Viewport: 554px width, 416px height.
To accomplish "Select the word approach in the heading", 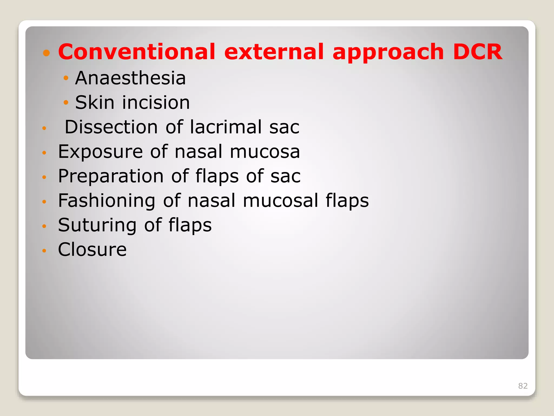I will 388,52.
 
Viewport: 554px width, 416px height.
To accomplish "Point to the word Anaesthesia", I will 130,78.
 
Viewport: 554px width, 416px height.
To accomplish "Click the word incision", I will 156,103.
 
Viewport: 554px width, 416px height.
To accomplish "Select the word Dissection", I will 111,127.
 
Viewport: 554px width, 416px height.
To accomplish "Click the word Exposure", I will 100,152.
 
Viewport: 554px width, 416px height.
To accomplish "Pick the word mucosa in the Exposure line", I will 265,152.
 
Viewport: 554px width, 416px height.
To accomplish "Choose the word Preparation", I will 111,177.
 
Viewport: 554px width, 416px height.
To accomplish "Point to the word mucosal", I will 280,201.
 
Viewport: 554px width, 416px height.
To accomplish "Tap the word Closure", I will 92,249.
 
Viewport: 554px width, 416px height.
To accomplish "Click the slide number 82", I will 523,386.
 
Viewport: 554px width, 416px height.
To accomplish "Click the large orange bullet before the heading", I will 47,53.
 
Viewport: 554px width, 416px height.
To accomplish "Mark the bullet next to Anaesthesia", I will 66,78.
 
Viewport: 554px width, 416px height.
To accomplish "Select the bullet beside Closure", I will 44,251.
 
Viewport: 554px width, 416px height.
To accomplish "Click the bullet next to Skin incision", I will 66,103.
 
